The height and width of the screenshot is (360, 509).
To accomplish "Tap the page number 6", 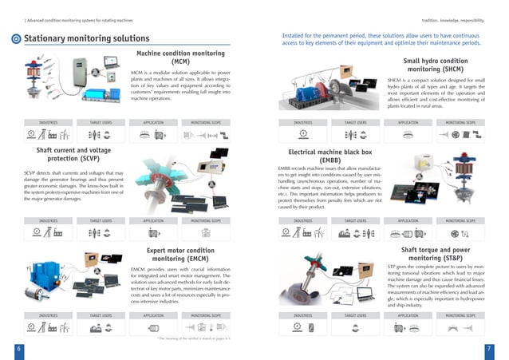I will [18, 349].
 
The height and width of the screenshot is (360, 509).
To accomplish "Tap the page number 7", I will [489, 349].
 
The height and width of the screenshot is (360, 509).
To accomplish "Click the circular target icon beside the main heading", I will [15, 39].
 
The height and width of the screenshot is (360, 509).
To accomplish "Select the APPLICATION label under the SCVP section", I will [153, 220].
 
